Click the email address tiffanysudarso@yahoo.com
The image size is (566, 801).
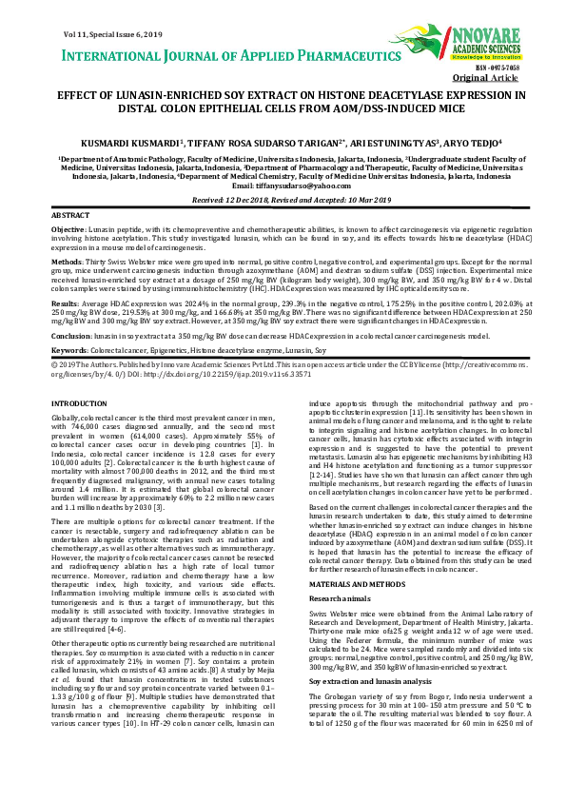tap(283, 186)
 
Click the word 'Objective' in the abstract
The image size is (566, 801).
tap(67, 230)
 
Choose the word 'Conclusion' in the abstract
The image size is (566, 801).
tap(70, 335)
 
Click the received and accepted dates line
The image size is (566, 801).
tap(283, 202)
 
